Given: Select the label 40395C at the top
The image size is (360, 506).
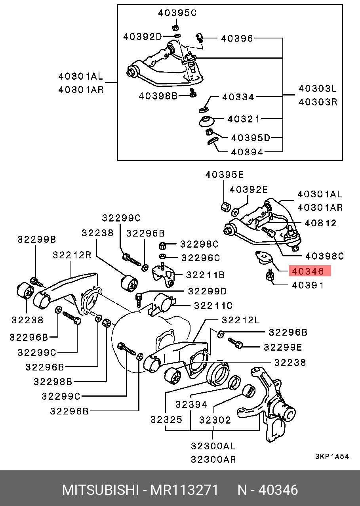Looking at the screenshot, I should (177, 13).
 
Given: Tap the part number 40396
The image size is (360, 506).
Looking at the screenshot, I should (237, 38).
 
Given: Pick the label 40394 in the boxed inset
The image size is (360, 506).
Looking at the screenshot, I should (247, 152).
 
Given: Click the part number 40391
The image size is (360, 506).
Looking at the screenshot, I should (308, 285).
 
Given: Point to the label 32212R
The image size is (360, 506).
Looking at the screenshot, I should (72, 255).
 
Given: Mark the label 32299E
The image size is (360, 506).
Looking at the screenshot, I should (283, 347).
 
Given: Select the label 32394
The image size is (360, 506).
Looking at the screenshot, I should (191, 404).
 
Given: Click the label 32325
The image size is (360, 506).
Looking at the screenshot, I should (167, 419).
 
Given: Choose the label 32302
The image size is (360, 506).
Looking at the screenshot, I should (215, 419).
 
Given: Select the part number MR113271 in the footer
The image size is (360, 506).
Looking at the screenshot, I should (184, 490).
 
